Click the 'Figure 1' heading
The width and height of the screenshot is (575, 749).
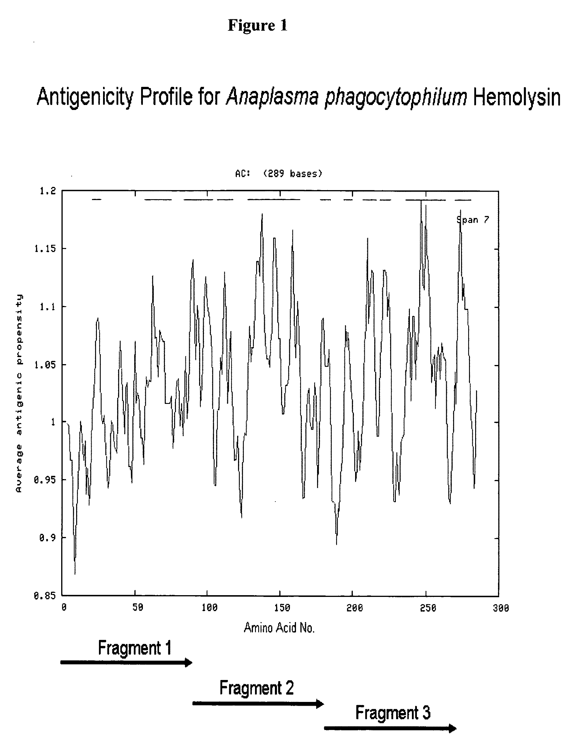257,25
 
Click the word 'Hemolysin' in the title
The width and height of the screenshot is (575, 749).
517,97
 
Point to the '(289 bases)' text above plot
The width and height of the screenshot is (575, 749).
293,174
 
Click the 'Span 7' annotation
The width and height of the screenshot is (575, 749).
473,220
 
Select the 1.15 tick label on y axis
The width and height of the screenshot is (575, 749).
45,249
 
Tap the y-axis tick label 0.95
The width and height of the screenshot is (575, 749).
45,480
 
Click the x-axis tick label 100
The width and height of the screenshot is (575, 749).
209,608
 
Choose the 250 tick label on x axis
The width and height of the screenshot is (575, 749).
428,608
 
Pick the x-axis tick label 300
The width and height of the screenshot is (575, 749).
501,608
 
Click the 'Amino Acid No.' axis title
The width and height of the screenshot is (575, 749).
279,628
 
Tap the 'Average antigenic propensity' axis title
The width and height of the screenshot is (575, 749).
19,393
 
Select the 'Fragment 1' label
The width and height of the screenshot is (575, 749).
134,648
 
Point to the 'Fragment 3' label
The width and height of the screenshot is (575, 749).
393,713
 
